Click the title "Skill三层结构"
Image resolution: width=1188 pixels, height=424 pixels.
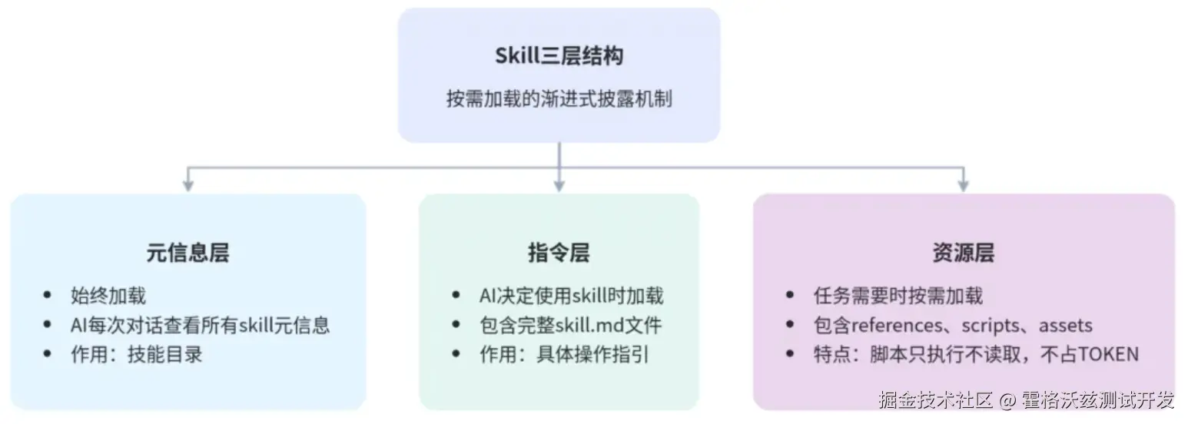(x=559, y=56)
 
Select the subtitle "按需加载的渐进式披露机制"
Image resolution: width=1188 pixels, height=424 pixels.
(x=559, y=99)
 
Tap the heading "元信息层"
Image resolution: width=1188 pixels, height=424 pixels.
(x=187, y=253)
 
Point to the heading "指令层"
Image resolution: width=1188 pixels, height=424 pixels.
(x=559, y=253)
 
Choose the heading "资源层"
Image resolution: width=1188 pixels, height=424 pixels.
(x=963, y=253)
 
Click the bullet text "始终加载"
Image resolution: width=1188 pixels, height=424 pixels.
(x=108, y=296)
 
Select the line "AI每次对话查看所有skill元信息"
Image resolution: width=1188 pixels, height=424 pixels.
(x=200, y=325)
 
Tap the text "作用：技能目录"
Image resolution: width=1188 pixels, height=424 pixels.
(x=136, y=354)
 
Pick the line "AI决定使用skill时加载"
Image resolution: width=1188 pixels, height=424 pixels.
(x=571, y=296)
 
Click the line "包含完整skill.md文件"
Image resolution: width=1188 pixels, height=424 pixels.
(x=569, y=325)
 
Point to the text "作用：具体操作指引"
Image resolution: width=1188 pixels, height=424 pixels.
(x=564, y=354)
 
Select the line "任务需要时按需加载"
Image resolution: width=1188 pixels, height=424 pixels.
(x=898, y=296)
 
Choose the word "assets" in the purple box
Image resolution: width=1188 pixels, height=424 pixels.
(x=1065, y=325)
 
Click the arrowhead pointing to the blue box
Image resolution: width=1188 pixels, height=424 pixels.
(x=187, y=185)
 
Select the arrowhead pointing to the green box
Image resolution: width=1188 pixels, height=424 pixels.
(x=559, y=185)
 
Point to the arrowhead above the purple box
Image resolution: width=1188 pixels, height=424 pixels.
(x=963, y=185)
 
